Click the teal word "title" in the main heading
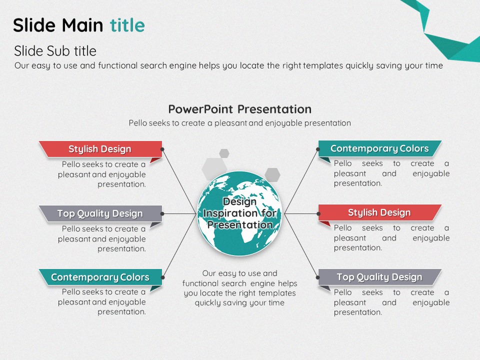click(x=127, y=25)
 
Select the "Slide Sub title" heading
click(x=55, y=51)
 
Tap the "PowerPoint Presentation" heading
click(x=239, y=109)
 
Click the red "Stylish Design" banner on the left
click(x=100, y=149)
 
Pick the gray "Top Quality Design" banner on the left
click(x=100, y=213)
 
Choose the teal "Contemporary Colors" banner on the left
click(x=100, y=277)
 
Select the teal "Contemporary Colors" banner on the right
click(x=379, y=148)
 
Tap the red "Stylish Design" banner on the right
click(x=379, y=212)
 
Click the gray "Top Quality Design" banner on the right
click(x=379, y=277)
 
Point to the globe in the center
click(x=239, y=213)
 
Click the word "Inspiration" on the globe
click(x=225, y=213)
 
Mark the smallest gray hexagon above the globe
click(x=224, y=153)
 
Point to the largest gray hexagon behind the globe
click(x=214, y=168)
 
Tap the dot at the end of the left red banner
click(x=162, y=149)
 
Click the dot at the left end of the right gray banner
click(x=318, y=277)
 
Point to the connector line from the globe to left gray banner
click(x=179, y=213)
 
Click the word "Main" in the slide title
click(x=82, y=25)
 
